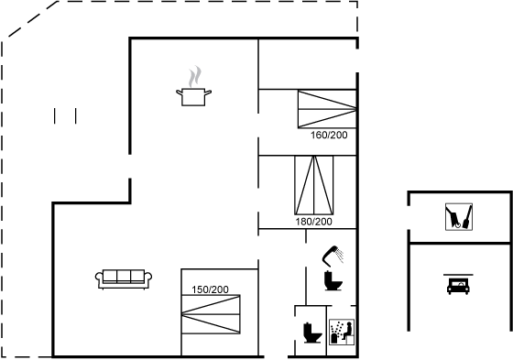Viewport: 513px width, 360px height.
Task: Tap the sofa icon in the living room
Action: pyautogui.click(x=124, y=279)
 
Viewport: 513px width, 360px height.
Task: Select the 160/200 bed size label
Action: pyautogui.click(x=329, y=135)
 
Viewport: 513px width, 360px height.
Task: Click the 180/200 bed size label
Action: pyautogui.click(x=313, y=222)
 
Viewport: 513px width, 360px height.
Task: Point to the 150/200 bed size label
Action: pyautogui.click(x=210, y=289)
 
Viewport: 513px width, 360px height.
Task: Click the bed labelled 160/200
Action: pyautogui.click(x=327, y=109)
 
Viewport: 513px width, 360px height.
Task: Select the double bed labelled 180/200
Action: pyautogui.click(x=313, y=185)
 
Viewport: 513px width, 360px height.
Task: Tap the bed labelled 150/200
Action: pyautogui.click(x=211, y=314)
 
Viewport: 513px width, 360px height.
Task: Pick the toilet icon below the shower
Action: pyautogui.click(x=333, y=281)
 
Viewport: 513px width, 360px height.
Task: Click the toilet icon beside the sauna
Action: pyautogui.click(x=312, y=333)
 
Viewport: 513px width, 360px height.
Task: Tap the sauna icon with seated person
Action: pyautogui.click(x=342, y=332)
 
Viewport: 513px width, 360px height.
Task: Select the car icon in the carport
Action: pyautogui.click(x=458, y=286)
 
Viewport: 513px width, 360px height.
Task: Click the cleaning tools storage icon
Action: pyautogui.click(x=459, y=217)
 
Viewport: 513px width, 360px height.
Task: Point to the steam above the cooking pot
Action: pyautogui.click(x=194, y=76)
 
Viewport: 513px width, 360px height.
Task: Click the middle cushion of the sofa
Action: pyautogui.click(x=124, y=276)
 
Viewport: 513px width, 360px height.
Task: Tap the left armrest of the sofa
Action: pyautogui.click(x=99, y=278)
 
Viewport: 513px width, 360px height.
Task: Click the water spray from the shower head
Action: pyautogui.click(x=340, y=256)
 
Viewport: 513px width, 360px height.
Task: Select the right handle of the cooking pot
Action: pyautogui.click(x=208, y=93)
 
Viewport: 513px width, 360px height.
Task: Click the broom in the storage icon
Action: pyautogui.click(x=467, y=217)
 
